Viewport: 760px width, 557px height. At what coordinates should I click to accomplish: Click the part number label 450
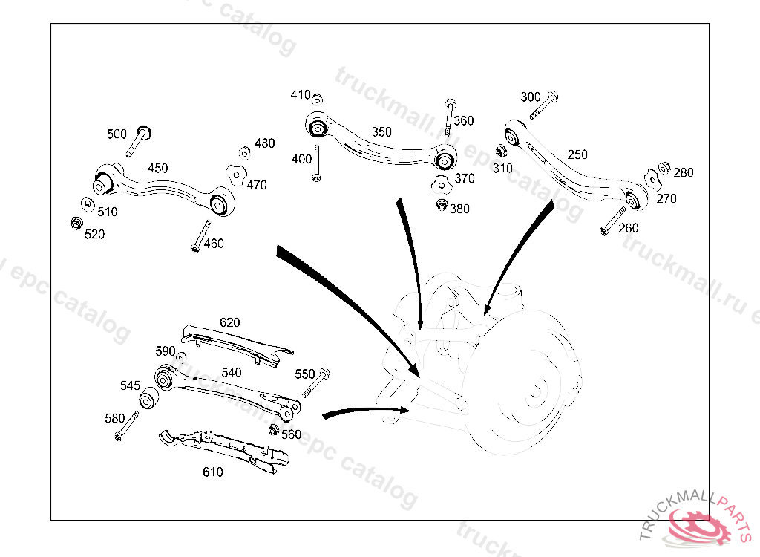pos(157,169)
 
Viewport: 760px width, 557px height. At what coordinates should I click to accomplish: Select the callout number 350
pos(381,132)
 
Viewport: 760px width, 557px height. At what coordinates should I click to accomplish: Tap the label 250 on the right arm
pos(577,154)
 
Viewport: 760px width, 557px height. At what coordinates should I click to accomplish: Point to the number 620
pos(230,323)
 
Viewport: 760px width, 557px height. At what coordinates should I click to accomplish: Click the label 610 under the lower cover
pos(212,472)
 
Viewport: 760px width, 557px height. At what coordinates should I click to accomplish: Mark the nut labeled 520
pos(75,223)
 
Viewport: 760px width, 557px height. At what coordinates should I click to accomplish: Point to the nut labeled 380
pos(442,206)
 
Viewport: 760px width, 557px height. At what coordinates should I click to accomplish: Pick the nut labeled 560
pos(274,429)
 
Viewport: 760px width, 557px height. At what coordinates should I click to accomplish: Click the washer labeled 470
pos(236,175)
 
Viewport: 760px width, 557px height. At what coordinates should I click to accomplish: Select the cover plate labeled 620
pos(237,343)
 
